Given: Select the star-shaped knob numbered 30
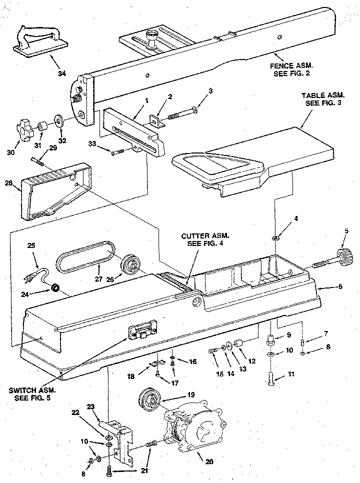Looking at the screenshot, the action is point(23,131).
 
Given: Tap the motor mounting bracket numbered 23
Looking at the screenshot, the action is point(118,442).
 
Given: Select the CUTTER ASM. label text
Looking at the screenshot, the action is point(205,236).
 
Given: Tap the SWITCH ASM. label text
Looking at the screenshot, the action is point(32,390).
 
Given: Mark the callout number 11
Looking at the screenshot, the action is point(290,374).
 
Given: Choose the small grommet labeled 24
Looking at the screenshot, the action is point(56,288).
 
